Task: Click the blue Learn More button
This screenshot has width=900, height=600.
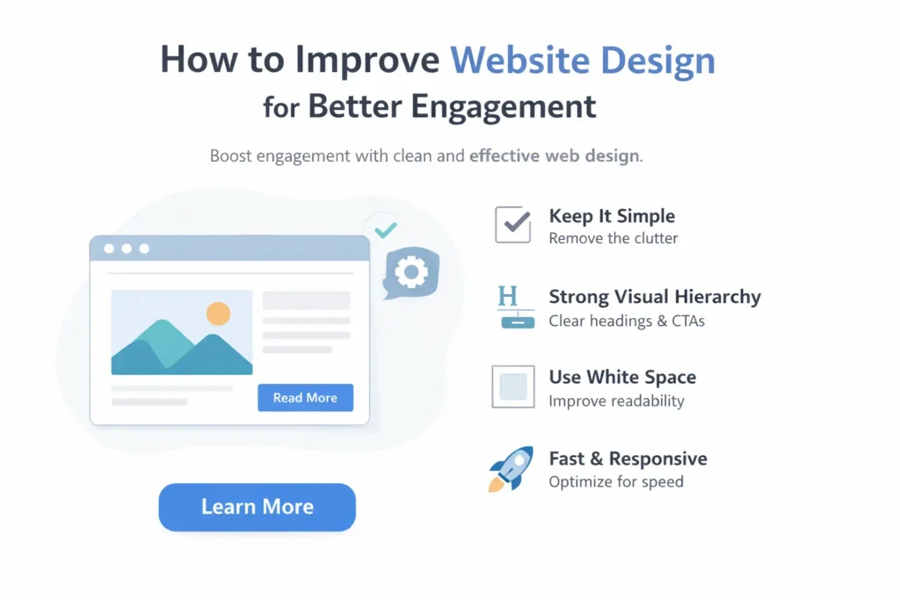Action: (257, 507)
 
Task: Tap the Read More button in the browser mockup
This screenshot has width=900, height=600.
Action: (305, 398)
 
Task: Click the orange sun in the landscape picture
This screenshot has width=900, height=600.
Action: (218, 314)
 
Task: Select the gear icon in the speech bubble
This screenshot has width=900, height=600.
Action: (410, 272)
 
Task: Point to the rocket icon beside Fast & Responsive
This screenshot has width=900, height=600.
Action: (511, 468)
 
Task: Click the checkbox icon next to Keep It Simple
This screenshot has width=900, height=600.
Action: (512, 225)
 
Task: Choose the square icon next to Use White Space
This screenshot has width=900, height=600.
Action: (512, 387)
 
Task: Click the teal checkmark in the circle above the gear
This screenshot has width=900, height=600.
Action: (385, 229)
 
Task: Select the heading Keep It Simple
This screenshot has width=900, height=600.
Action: (612, 216)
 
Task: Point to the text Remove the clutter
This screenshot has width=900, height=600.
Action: (613, 238)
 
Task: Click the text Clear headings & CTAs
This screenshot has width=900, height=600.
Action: (626, 321)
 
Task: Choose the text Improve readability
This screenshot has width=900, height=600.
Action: (616, 401)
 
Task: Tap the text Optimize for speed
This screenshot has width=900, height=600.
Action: (615, 481)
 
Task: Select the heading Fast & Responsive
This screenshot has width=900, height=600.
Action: (628, 459)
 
